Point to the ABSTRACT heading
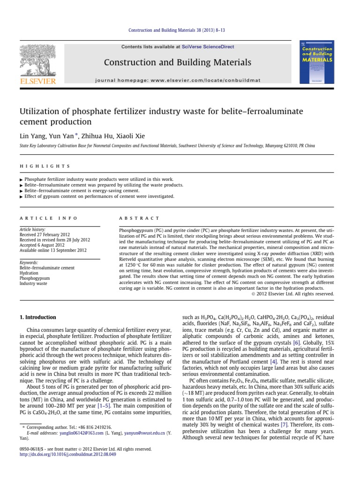tap(140, 218)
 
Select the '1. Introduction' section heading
tap(37, 317)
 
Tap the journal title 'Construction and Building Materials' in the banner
tap(177, 62)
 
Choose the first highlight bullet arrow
tap(21, 180)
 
